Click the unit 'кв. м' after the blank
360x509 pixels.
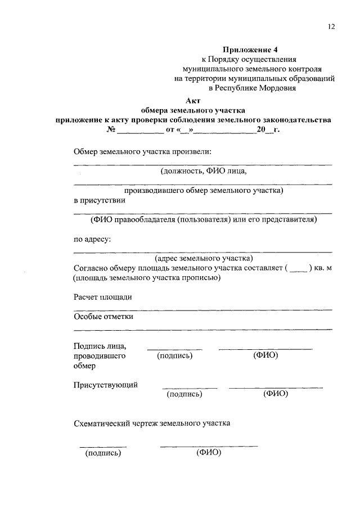click(x=321, y=268)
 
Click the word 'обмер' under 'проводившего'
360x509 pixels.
click(x=84, y=366)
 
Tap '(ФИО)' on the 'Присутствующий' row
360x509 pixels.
click(x=276, y=394)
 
